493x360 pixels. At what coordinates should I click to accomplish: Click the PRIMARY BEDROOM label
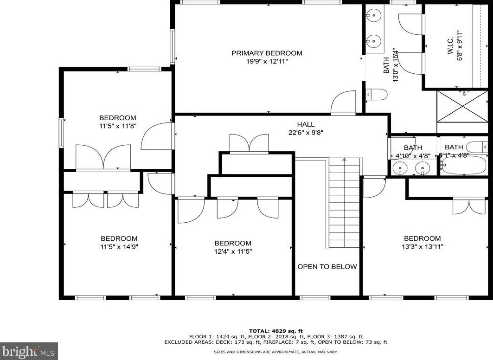click(x=267, y=53)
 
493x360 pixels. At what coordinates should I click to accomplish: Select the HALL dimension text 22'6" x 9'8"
click(x=306, y=132)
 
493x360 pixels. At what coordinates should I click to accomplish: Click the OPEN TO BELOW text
click(x=327, y=267)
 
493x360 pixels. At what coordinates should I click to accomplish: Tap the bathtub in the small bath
click(x=463, y=165)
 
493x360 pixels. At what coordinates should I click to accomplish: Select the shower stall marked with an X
click(x=462, y=106)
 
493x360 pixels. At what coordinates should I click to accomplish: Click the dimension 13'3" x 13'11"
click(x=422, y=247)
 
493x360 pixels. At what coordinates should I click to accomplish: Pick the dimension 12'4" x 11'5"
click(x=233, y=251)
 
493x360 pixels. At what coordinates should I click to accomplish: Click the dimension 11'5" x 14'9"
click(x=119, y=247)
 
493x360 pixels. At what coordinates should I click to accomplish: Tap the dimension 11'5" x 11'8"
click(x=118, y=126)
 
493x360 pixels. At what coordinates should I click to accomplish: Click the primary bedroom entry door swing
click(x=343, y=103)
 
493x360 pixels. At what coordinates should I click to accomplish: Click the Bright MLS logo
click(x=29, y=351)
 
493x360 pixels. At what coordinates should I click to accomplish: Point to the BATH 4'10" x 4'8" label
click(x=413, y=152)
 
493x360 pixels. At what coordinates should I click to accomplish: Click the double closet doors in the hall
click(x=249, y=143)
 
